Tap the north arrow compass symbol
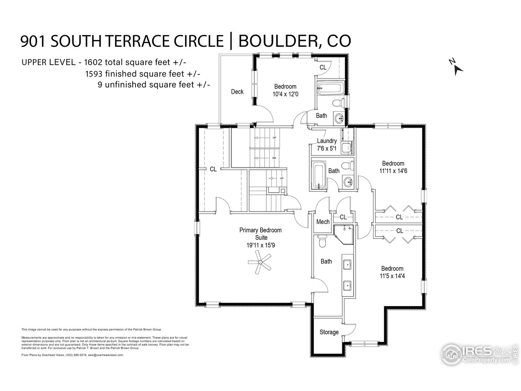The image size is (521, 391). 456,66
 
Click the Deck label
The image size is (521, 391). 237,92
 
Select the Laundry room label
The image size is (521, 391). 326,141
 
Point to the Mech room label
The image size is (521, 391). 323,222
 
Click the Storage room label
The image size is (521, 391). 329,332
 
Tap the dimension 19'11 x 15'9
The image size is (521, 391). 260,245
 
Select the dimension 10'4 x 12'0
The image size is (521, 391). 285,94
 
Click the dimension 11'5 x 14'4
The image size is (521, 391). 392,276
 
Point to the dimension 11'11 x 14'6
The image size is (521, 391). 393,171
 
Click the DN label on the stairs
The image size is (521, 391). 274,158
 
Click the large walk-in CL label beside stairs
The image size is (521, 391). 213,169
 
